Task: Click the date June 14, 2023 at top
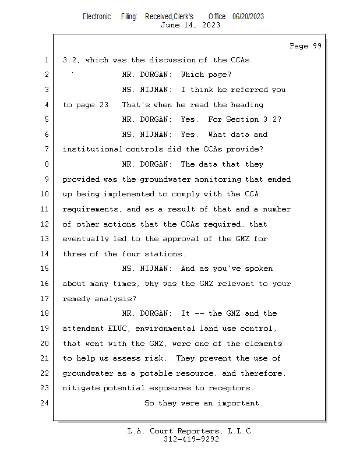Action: point(190,25)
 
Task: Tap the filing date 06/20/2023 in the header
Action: point(248,16)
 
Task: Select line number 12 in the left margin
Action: point(45,224)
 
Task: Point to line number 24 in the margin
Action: point(45,403)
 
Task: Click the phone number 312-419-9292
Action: point(191,439)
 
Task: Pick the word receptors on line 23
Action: point(232,388)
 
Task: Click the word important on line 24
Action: point(238,403)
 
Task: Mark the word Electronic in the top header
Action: point(97,16)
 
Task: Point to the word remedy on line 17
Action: point(77,299)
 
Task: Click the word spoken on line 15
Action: point(258,269)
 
